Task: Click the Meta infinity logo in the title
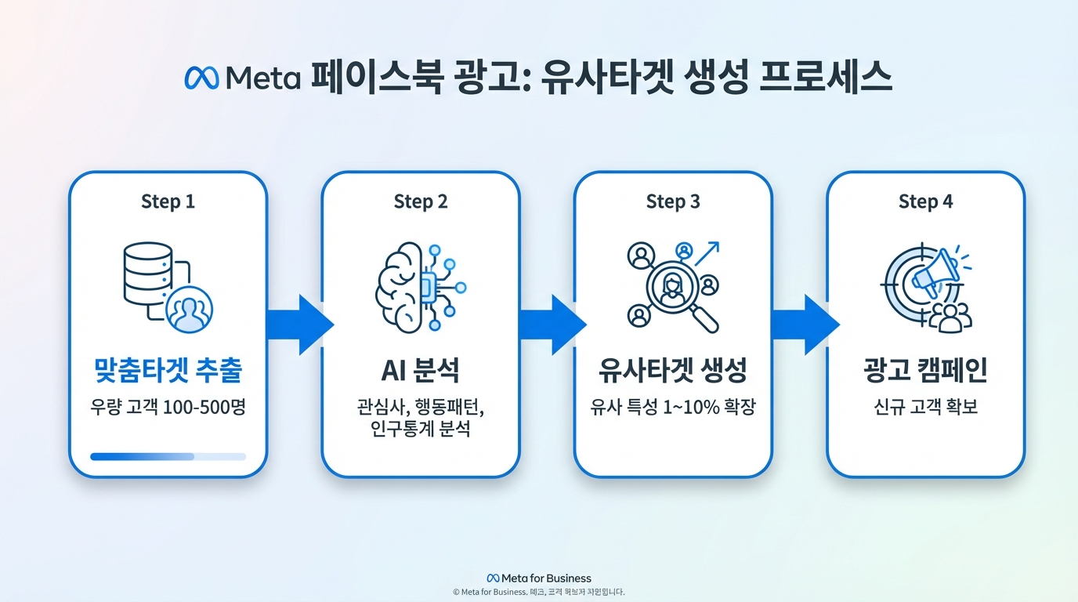201,78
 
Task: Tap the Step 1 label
168,201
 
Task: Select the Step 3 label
673,201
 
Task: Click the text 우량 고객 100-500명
168,407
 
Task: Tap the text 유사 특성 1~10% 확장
673,407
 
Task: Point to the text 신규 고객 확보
926,407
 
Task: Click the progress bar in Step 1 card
168,456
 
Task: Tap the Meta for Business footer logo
539,578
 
